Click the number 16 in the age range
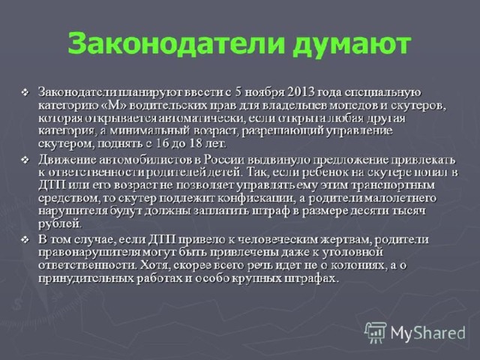(x=162, y=143)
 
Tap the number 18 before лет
(x=196, y=143)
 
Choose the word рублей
(x=60, y=223)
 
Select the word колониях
(x=358, y=265)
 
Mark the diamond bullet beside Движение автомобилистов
(x=25, y=160)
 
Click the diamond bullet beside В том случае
(x=25, y=240)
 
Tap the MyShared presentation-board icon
(x=375, y=332)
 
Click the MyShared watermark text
(x=428, y=333)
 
